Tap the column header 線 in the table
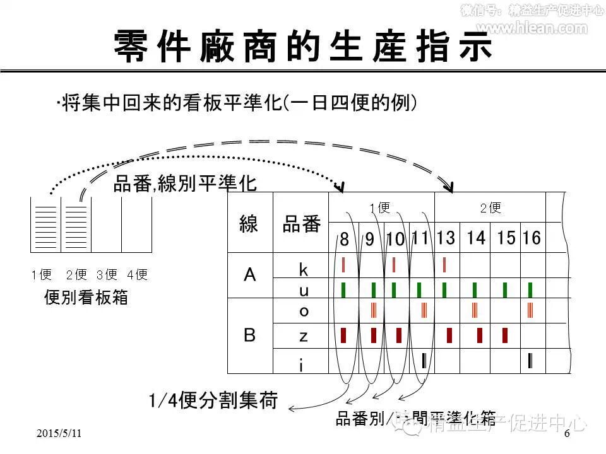pyautogui.click(x=249, y=224)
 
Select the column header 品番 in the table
pyautogui.click(x=301, y=224)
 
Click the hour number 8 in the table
pyautogui.click(x=344, y=240)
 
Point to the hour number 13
pyautogui.click(x=445, y=238)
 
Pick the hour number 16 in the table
pyautogui.click(x=532, y=238)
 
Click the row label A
pyautogui.click(x=250, y=275)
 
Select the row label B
pyautogui.click(x=250, y=335)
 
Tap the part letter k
pyautogui.click(x=304, y=270)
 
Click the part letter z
pyautogui.click(x=304, y=336)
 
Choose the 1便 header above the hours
pyautogui.click(x=380, y=207)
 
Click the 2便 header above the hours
pyautogui.click(x=490, y=207)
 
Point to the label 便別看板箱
pyautogui.click(x=86, y=298)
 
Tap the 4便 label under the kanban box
pyautogui.click(x=136, y=275)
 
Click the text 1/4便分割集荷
pyautogui.click(x=213, y=400)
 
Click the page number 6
pyautogui.click(x=566, y=434)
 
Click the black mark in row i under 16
pyautogui.click(x=531, y=361)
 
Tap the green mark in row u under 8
pyautogui.click(x=343, y=289)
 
